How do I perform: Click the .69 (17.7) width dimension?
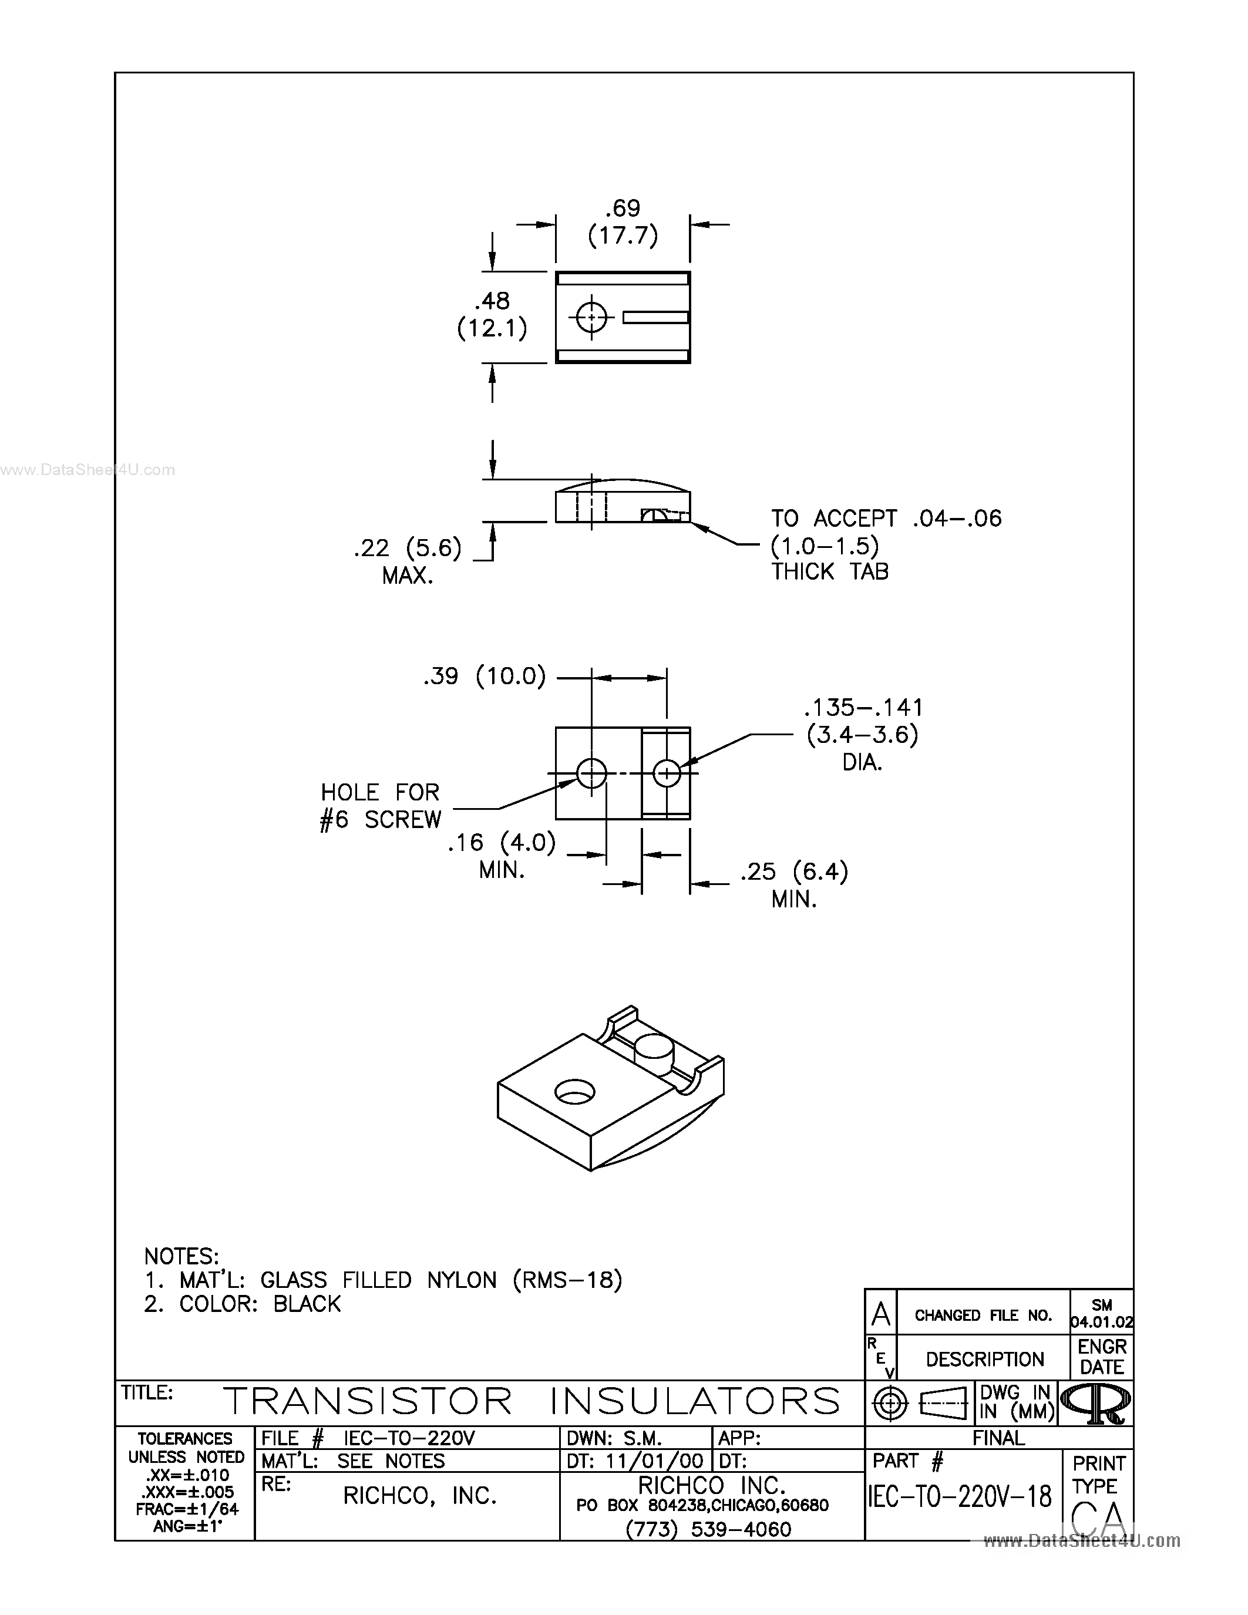(623, 222)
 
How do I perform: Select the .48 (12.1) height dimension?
(492, 314)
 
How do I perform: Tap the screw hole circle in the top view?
(591, 317)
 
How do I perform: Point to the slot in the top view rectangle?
(655, 317)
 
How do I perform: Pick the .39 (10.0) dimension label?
(485, 676)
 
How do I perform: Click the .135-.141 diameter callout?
(863, 734)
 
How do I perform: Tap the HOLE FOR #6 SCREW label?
(380, 806)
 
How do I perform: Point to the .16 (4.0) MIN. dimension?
(502, 855)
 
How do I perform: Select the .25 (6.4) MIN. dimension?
(794, 884)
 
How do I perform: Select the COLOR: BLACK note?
(243, 1304)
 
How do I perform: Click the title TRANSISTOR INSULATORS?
(531, 1401)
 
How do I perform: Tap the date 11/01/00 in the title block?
(654, 1461)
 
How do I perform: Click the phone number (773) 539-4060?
(708, 1529)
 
